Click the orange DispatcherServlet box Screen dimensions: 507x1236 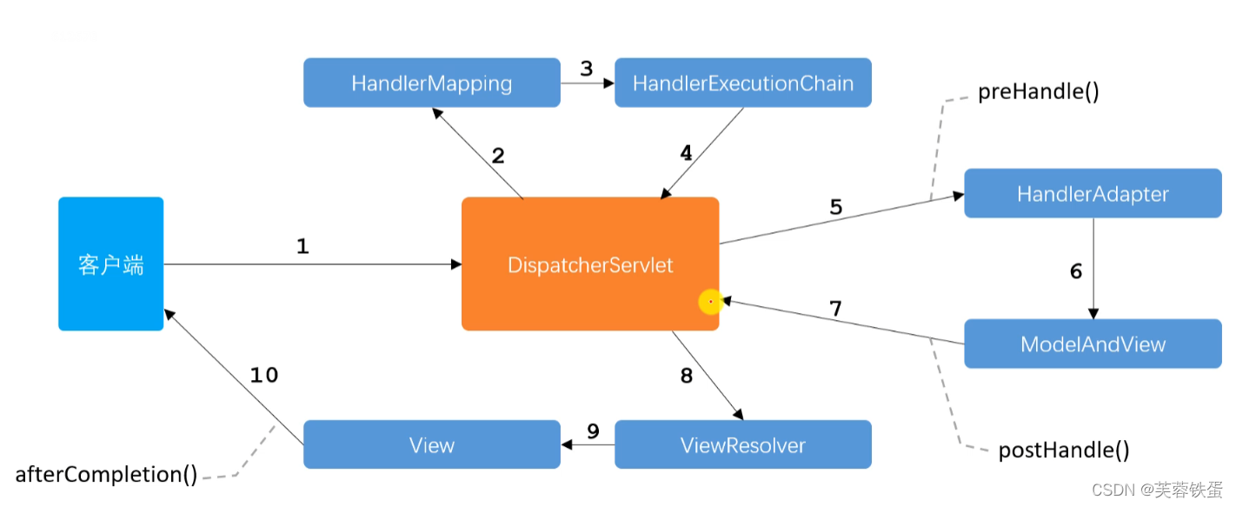[x=589, y=264]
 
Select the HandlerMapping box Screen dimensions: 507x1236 [x=431, y=83]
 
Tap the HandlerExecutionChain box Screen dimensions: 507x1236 [x=742, y=83]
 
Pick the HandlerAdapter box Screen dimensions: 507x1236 [x=1093, y=194]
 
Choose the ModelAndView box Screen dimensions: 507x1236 [x=1093, y=344]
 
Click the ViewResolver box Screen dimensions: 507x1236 [x=742, y=445]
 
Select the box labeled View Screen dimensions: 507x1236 [x=431, y=445]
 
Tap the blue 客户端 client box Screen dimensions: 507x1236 [x=110, y=264]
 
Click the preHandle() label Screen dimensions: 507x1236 [x=1038, y=92]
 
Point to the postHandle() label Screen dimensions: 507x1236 [x=1063, y=450]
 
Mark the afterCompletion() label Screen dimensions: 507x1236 [x=106, y=475]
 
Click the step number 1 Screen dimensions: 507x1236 [x=302, y=247]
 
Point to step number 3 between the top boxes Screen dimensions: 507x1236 [x=587, y=69]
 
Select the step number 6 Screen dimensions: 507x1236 [x=1076, y=271]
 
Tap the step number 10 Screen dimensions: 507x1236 [x=264, y=375]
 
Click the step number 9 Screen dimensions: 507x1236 [x=593, y=430]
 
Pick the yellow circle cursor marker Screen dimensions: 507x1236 [x=711, y=302]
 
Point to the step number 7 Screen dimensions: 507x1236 [x=835, y=308]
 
